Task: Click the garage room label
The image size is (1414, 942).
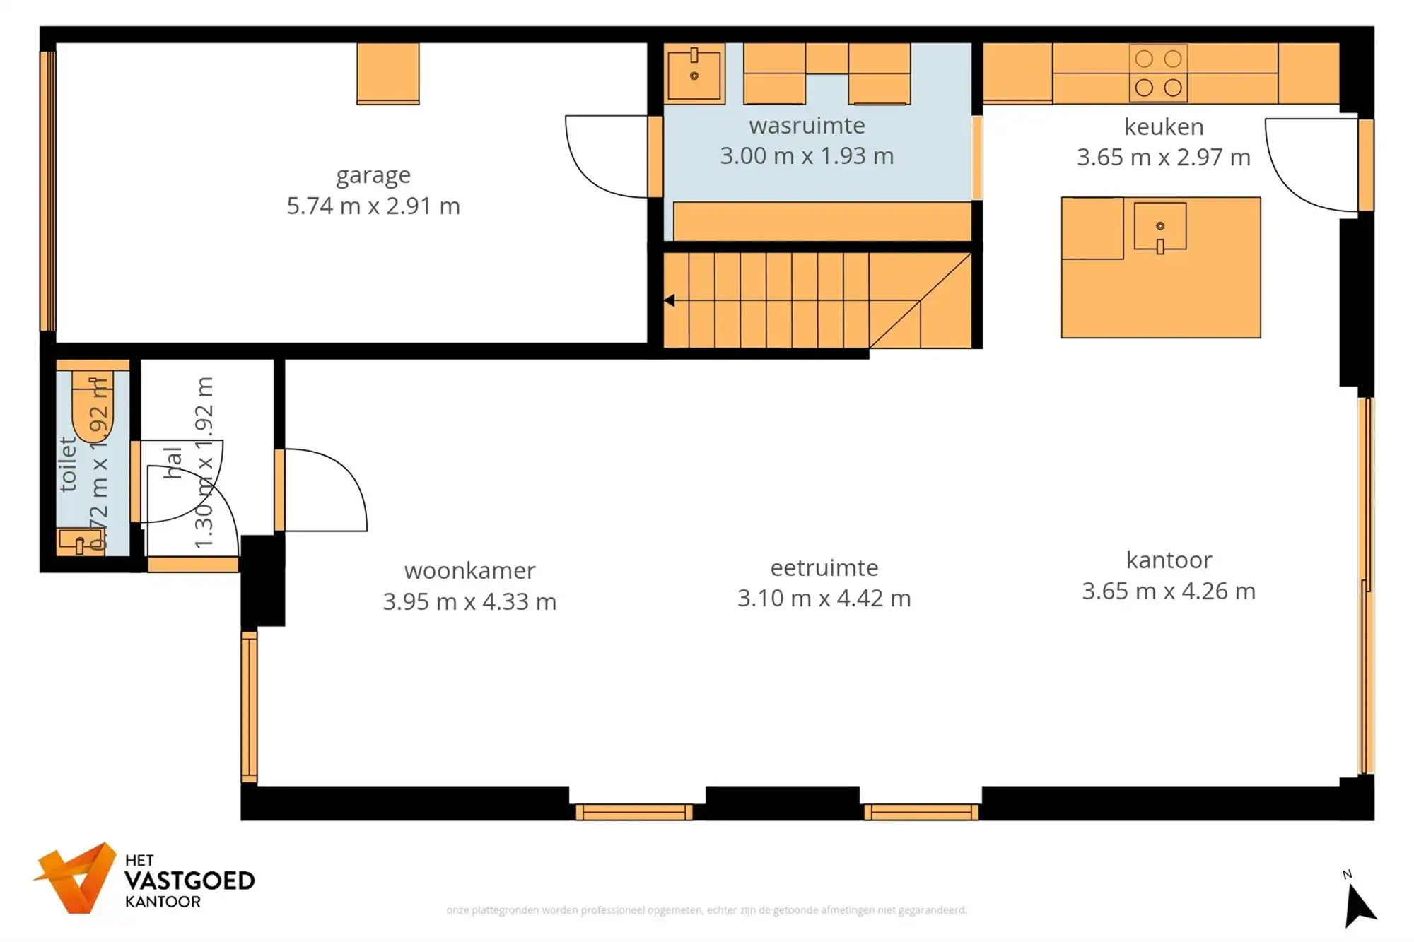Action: (x=373, y=175)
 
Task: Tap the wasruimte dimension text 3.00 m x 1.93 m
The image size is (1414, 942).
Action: (x=807, y=156)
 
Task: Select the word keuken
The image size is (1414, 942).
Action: (x=1163, y=127)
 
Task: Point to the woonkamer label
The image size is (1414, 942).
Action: (x=469, y=570)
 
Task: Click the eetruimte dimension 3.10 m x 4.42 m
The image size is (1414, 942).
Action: (x=824, y=599)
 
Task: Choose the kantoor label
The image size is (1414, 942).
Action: (x=1169, y=560)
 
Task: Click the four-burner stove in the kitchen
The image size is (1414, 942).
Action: (x=1158, y=73)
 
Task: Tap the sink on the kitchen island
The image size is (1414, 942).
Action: (x=1160, y=228)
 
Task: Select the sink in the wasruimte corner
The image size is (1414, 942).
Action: (x=694, y=73)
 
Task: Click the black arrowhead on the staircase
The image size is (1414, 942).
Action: (x=669, y=301)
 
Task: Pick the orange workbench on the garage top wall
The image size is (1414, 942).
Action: (x=387, y=73)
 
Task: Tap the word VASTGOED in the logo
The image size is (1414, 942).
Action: (x=189, y=881)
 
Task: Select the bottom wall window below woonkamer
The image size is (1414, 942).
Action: (x=633, y=812)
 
